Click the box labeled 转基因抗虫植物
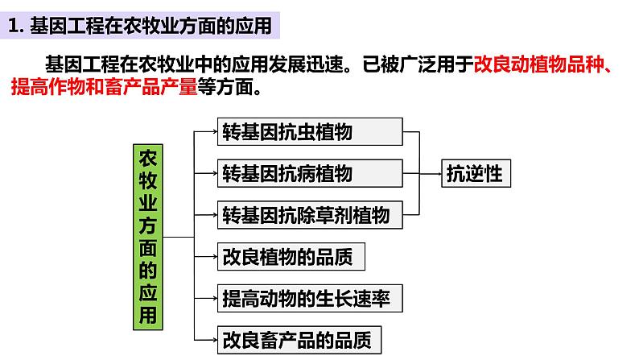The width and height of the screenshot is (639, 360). point(310,131)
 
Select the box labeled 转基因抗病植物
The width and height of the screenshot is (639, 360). point(310,172)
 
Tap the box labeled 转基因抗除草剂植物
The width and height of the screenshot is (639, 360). point(310,214)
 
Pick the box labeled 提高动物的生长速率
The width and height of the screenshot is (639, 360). point(310,298)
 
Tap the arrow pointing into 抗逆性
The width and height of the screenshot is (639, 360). point(435,172)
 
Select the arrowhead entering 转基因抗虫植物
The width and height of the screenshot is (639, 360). point(213,131)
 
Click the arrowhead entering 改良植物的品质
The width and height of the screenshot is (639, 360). point(213,256)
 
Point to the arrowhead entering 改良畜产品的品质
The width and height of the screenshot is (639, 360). point(213,339)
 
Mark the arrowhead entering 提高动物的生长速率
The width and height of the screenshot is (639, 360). point(213,298)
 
